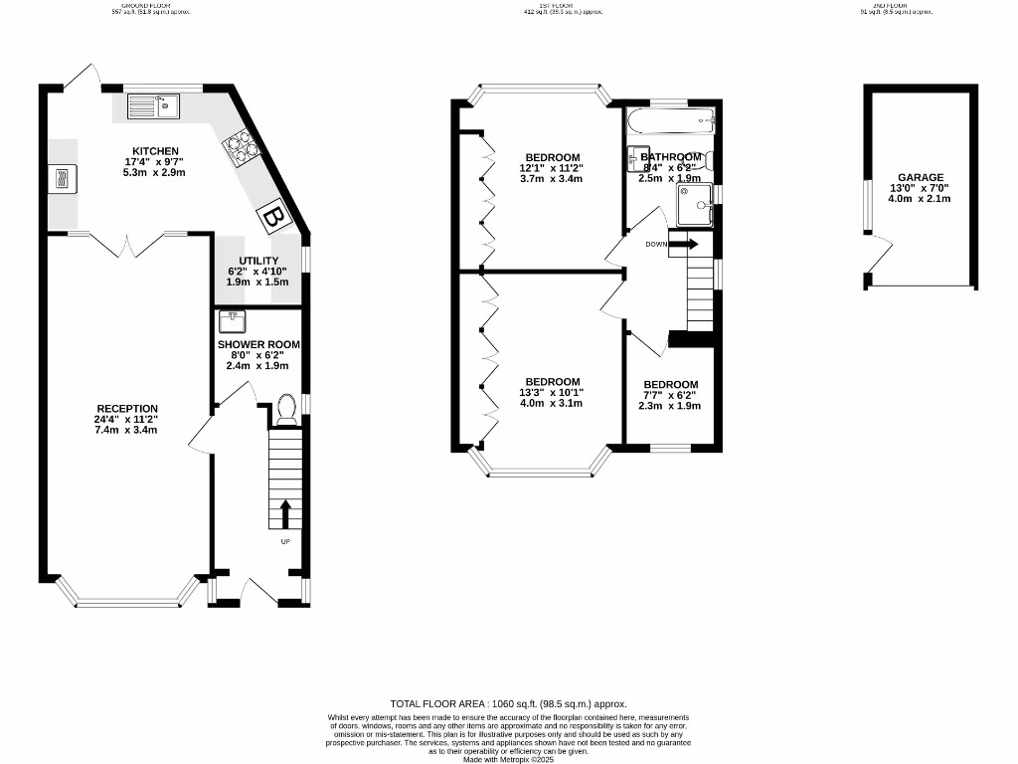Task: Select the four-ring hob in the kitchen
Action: (x=243, y=147)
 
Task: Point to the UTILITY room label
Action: (x=257, y=260)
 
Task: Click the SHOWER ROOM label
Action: (x=258, y=344)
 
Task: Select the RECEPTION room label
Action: (x=127, y=409)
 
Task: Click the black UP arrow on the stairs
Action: (x=285, y=513)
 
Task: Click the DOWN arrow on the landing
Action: (x=685, y=244)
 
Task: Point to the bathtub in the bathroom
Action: (x=672, y=123)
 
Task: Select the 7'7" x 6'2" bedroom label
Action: (x=670, y=395)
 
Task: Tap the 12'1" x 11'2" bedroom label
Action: (x=551, y=168)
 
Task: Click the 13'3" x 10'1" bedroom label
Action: (x=552, y=392)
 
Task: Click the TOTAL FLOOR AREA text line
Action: (x=509, y=703)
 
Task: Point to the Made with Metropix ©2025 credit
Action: (x=509, y=760)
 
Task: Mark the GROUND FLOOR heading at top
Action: (x=149, y=5)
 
